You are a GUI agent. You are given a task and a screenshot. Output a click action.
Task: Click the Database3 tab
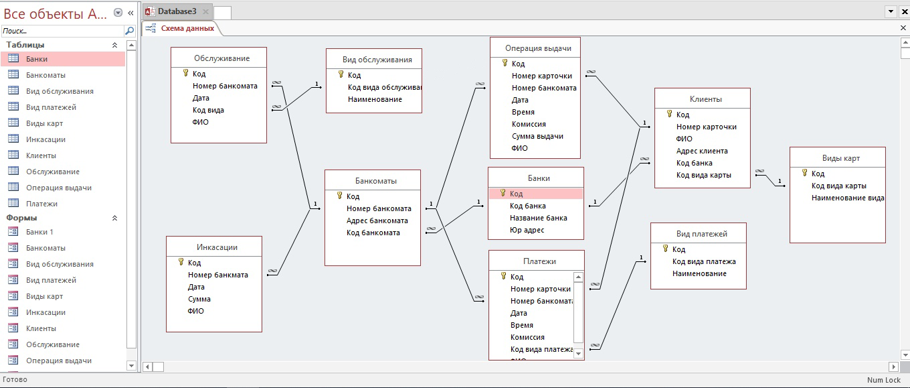point(177,11)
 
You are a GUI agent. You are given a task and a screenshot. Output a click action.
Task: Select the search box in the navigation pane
point(63,31)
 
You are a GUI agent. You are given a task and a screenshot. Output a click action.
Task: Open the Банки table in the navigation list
point(37,59)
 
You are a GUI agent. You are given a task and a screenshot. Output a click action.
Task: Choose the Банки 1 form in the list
point(39,232)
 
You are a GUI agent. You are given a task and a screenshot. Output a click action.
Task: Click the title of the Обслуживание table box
point(222,58)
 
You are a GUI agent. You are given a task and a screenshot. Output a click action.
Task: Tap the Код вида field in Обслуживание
point(208,110)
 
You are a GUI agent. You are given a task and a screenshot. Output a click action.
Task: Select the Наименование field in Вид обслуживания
point(375,99)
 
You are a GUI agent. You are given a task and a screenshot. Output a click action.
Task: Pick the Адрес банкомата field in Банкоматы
point(377,220)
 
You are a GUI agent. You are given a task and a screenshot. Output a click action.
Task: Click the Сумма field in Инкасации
point(199,299)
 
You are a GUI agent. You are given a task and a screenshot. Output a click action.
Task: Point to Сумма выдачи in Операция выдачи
point(537,136)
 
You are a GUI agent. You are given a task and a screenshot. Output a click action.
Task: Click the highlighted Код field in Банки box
point(516,194)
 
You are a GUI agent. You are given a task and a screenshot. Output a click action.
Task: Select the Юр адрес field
point(527,230)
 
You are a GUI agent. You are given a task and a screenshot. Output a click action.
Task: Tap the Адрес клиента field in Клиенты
point(702,151)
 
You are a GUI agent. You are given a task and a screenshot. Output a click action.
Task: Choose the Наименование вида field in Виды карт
point(847,198)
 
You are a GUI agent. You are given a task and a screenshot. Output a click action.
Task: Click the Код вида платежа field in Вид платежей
point(704,261)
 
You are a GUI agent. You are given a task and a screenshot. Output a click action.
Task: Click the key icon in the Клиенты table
point(670,114)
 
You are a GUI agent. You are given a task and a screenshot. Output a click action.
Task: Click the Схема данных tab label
point(187,28)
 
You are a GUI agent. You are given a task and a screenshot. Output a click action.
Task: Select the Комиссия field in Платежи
point(527,337)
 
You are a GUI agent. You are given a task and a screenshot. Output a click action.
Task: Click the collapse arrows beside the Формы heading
point(114,218)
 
